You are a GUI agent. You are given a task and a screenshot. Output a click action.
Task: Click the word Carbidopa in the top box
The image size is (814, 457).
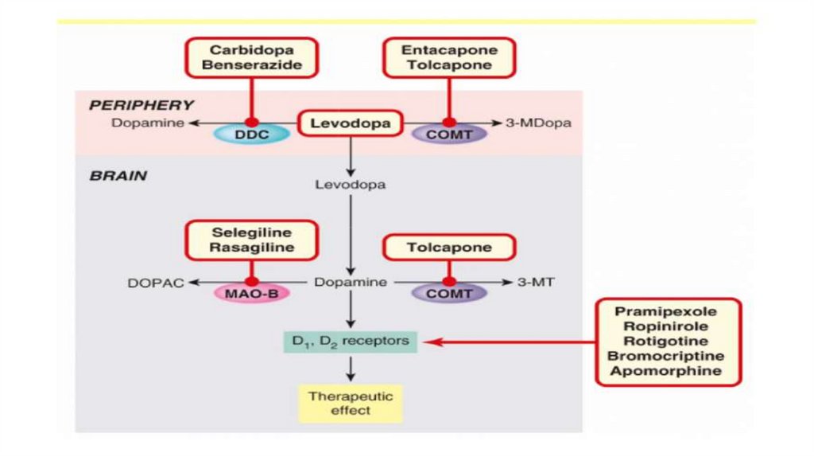click(x=252, y=49)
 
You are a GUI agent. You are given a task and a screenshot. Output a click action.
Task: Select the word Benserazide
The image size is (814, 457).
click(x=252, y=64)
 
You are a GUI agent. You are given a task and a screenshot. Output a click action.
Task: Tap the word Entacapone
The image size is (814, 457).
click(x=449, y=49)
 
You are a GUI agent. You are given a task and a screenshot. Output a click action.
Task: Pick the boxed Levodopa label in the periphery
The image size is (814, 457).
click(x=350, y=124)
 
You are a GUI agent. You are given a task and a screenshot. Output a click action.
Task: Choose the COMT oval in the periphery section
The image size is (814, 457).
click(x=449, y=135)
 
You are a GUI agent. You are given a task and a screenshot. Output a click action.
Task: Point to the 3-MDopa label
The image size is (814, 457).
click(x=538, y=123)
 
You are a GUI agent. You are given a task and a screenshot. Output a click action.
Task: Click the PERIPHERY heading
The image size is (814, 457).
click(x=141, y=104)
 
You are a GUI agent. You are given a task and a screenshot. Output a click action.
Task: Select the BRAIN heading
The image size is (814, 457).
click(x=118, y=176)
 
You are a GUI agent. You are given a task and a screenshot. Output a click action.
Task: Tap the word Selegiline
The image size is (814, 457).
click(x=252, y=232)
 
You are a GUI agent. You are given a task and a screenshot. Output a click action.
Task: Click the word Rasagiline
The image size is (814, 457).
click(x=252, y=248)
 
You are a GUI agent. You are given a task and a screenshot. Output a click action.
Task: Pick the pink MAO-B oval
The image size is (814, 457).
click(x=251, y=293)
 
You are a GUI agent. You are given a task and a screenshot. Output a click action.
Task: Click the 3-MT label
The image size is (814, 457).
click(x=533, y=283)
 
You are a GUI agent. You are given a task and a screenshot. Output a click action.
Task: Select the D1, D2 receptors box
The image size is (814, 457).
click(x=350, y=342)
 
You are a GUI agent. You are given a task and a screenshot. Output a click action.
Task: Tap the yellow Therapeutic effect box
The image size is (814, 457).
click(x=350, y=404)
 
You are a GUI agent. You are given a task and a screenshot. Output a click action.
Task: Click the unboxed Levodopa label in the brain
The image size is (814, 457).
click(x=350, y=185)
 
